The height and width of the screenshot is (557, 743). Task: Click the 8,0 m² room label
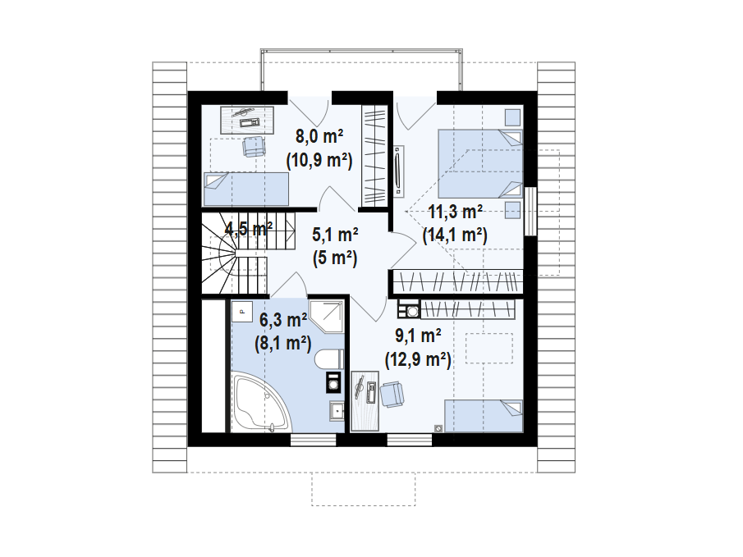tap(319, 136)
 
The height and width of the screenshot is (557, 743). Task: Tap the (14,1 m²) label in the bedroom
tap(455, 235)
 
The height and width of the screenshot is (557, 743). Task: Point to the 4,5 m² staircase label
tap(249, 229)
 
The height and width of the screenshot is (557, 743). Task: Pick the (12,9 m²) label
tap(418, 358)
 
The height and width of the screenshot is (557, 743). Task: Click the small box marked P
tap(241, 311)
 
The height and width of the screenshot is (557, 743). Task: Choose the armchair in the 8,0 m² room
tap(254, 146)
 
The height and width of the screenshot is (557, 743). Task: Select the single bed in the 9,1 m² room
tap(484, 415)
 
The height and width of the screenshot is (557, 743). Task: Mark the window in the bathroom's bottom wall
tap(314, 440)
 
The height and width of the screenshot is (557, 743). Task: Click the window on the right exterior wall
tap(530, 212)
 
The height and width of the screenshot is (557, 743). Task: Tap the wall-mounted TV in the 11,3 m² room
tap(398, 171)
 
